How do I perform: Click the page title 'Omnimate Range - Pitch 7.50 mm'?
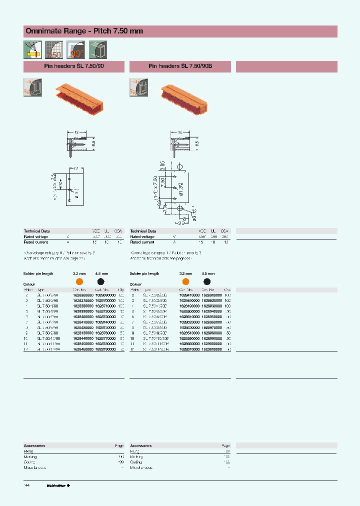[x=84, y=31]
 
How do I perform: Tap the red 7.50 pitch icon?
[x=53, y=50]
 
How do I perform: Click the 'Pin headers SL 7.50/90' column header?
[x=74, y=66]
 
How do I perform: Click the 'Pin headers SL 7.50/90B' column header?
[x=180, y=66]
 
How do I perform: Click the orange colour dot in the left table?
[x=79, y=282]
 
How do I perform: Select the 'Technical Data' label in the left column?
[x=36, y=231]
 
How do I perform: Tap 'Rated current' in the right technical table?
[x=142, y=242]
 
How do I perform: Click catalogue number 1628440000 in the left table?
[x=83, y=338]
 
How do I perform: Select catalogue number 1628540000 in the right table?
[x=189, y=333]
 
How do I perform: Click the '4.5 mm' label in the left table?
[x=101, y=274]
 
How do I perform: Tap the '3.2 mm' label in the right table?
[x=185, y=274]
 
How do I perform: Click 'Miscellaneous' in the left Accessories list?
[x=35, y=467]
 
